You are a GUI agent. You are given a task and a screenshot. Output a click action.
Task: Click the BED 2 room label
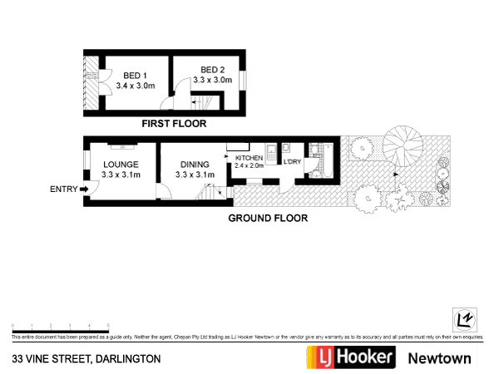[x=213, y=69]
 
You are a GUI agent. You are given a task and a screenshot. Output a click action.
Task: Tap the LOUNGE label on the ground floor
[x=121, y=165]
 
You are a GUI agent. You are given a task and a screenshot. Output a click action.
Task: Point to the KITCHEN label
[x=249, y=158]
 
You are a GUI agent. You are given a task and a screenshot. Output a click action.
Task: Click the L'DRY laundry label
[x=291, y=160]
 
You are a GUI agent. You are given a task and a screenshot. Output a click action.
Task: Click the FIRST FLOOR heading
[x=174, y=123]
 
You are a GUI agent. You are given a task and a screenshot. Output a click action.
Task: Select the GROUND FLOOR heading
[x=268, y=219]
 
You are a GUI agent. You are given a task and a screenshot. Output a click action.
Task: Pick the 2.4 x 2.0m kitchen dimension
[x=249, y=165]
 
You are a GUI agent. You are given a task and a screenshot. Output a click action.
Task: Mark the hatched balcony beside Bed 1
[x=90, y=83]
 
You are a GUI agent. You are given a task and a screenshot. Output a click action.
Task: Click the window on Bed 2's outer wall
[x=243, y=81]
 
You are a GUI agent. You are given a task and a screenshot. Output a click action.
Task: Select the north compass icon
[x=462, y=319]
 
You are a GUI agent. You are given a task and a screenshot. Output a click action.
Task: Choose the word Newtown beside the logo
[x=439, y=358]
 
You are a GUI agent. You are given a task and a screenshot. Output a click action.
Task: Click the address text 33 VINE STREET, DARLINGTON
[x=86, y=359]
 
